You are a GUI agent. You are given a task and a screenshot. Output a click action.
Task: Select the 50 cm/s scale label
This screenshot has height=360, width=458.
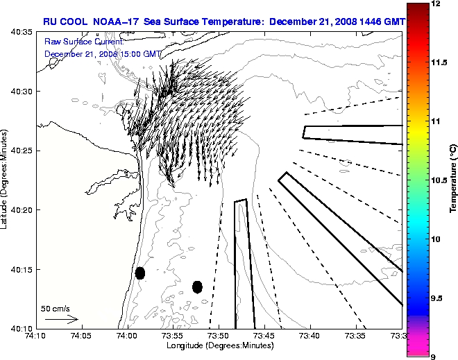point(56,308)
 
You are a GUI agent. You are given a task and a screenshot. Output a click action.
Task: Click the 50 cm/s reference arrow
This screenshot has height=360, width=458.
point(61,320)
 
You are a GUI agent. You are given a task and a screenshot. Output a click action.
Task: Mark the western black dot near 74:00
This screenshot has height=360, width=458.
point(140,273)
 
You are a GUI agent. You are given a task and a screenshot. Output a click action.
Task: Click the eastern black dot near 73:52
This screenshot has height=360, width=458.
point(197,286)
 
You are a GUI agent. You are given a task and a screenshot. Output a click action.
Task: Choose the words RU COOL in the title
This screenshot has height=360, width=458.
point(62,22)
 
